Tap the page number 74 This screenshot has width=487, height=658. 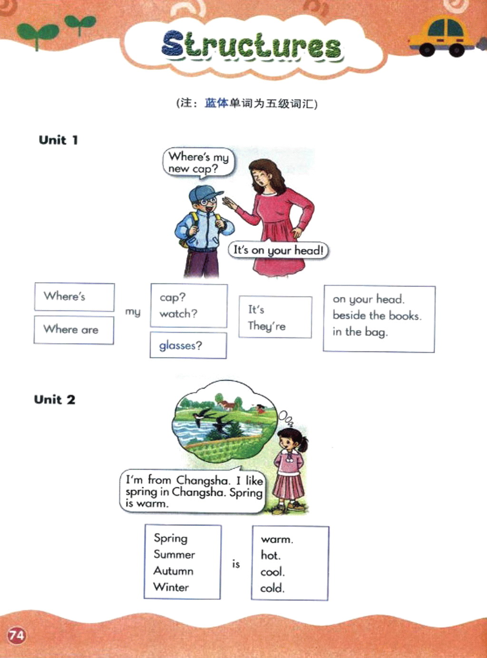pos(17,636)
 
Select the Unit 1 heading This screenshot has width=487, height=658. pos(58,140)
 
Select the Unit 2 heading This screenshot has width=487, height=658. pos(55,399)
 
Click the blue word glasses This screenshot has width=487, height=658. pos(177,345)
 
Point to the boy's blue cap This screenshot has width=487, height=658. pos(205,193)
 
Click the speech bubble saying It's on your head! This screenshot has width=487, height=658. pos(279,250)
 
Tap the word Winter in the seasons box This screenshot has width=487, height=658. pos(171,587)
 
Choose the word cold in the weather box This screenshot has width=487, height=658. pos(272,588)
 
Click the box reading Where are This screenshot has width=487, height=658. pos(74,330)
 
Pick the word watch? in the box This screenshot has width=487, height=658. pos(178,314)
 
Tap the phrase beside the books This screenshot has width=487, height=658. pos(377,315)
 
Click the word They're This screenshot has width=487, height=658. pos(267,326)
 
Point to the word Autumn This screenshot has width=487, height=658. pos(173,571)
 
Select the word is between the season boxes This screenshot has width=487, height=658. pos(236,564)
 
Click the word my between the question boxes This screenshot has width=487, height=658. pos(133,312)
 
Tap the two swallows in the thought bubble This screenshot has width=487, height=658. pos(213,419)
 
